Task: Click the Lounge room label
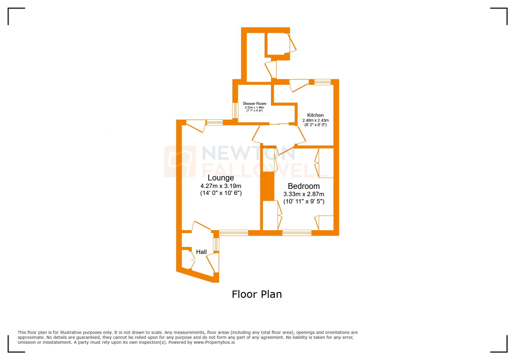tap(221, 178)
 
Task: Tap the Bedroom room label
tap(304, 186)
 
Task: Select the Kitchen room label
tap(315, 115)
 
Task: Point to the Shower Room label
tap(254, 103)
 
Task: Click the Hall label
tap(201, 252)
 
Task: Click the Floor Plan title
tap(257, 294)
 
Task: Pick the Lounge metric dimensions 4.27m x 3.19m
tap(221, 186)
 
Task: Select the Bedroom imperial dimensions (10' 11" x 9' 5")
tap(304, 201)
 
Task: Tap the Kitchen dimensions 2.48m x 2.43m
tap(316, 120)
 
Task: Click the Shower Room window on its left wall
tap(235, 110)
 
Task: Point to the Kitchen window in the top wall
tap(322, 82)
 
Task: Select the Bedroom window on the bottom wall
tap(297, 232)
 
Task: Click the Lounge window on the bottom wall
tap(234, 232)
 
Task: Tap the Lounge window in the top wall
tap(215, 122)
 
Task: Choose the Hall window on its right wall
tap(216, 244)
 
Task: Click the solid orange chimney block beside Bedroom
tap(267, 186)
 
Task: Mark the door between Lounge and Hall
tap(201, 226)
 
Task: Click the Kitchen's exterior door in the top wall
tap(299, 85)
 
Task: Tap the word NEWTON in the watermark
tap(249, 153)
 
